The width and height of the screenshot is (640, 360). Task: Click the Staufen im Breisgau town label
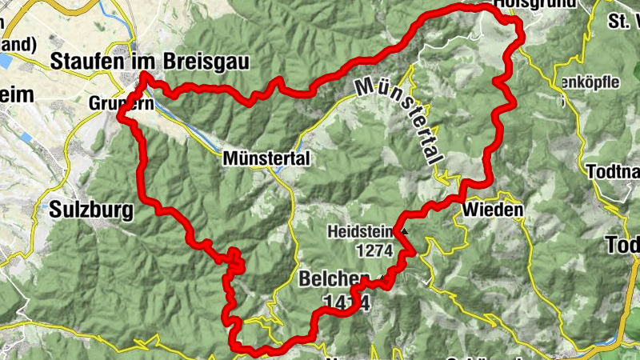150,61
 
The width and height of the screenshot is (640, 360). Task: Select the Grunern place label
111,104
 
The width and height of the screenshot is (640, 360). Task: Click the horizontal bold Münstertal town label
266,159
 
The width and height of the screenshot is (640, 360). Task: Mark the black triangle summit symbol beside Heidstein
404,232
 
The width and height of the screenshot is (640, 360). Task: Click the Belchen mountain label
334,279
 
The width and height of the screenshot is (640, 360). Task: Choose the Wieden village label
492,210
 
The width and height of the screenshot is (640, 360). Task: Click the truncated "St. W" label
623,20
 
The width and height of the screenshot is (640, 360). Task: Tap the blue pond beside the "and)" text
3,61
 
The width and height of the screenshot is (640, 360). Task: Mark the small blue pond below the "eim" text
26,138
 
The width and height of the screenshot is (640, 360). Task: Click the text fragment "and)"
18,45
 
